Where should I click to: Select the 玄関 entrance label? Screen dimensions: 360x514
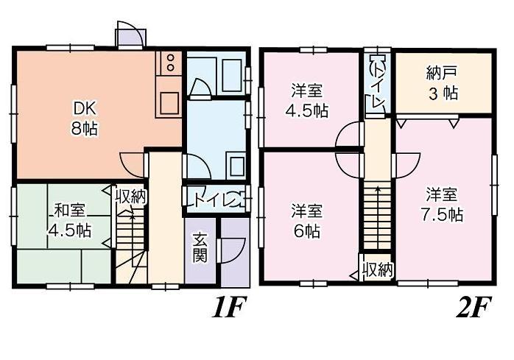[x=200, y=248]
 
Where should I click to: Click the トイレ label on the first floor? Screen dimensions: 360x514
[x=214, y=200]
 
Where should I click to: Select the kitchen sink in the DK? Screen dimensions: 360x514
[x=169, y=102]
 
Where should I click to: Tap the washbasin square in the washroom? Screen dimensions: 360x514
[x=238, y=163]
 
